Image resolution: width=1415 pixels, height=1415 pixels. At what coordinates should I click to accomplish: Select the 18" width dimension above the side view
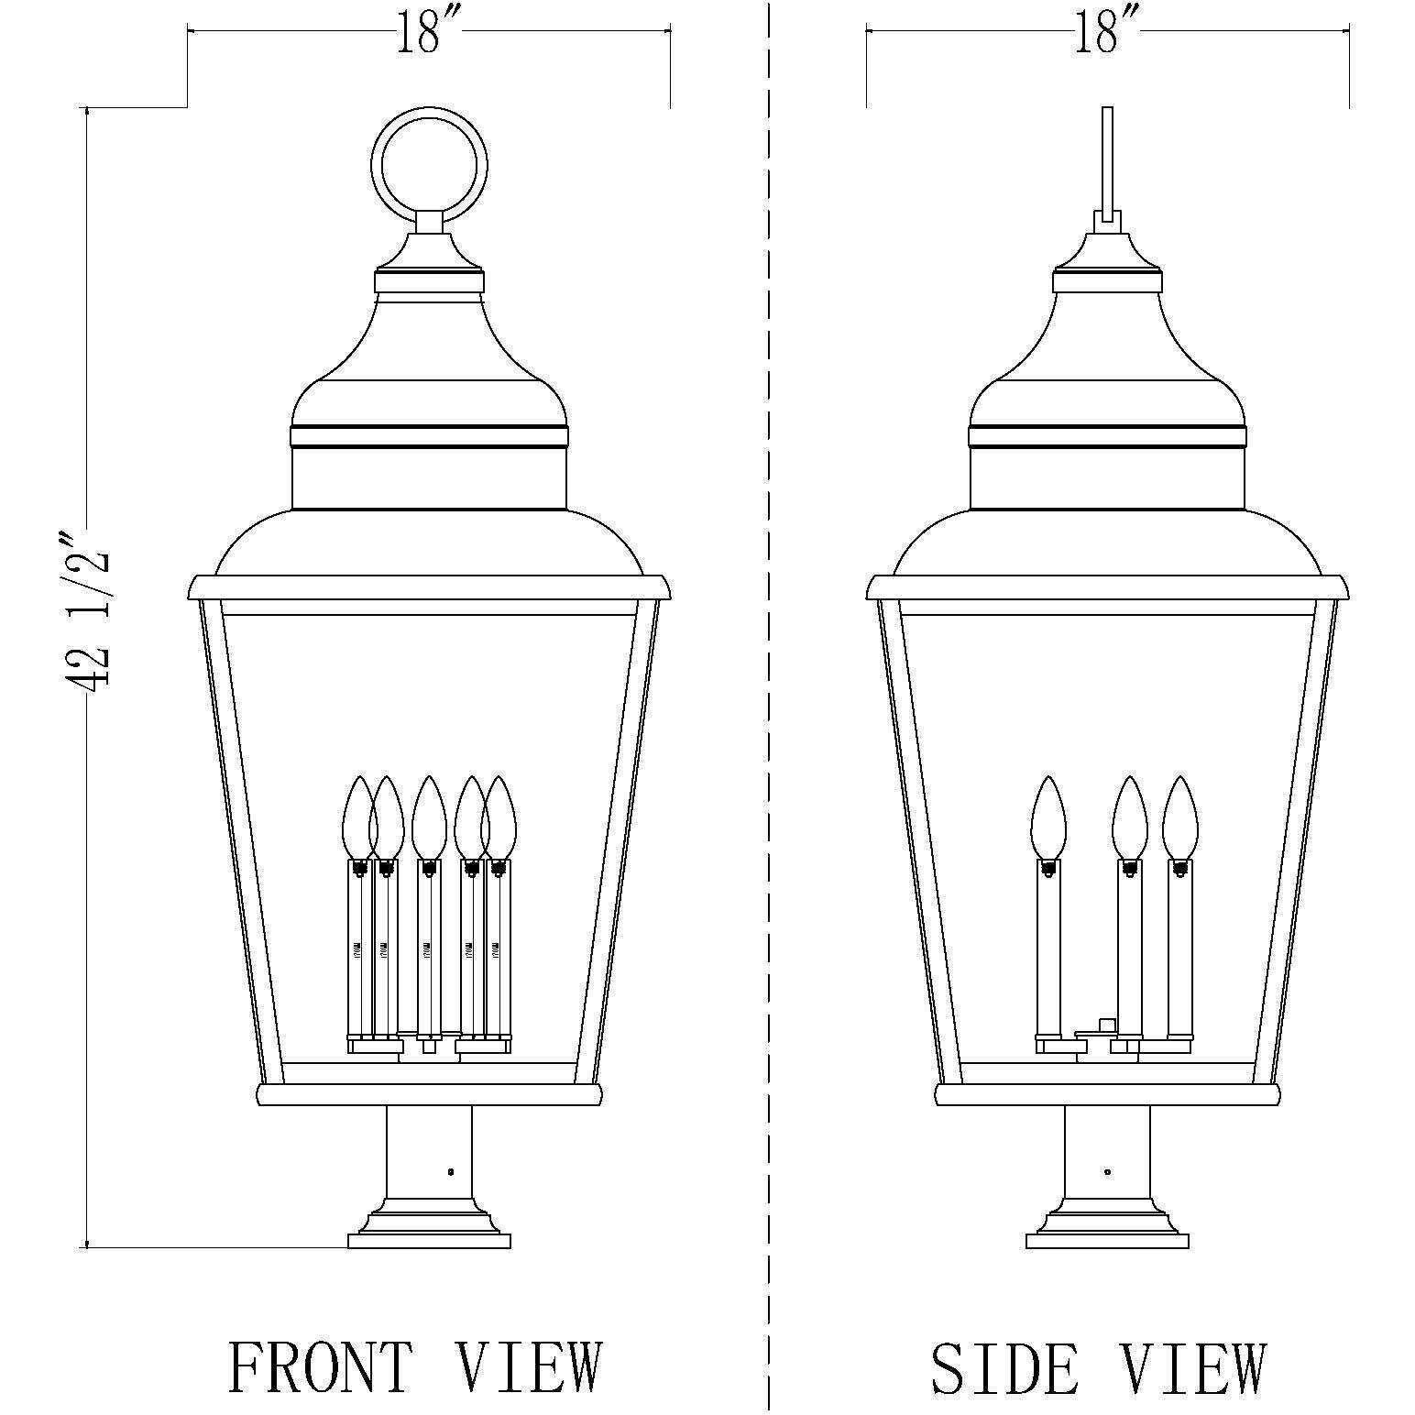click(1107, 34)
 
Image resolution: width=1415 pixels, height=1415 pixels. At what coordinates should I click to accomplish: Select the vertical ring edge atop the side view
click(1107, 160)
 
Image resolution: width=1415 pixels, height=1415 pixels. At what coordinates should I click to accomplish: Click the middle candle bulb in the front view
click(428, 817)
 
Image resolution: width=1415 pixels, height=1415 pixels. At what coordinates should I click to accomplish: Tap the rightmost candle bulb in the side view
click(1180, 817)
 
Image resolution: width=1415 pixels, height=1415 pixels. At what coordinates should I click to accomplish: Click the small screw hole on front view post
click(449, 1171)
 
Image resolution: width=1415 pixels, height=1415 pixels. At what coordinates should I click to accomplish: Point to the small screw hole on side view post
click(1108, 1171)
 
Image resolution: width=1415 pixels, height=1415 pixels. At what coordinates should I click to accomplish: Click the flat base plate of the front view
click(429, 1241)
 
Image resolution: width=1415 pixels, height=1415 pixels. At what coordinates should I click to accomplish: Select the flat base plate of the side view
click(1107, 1241)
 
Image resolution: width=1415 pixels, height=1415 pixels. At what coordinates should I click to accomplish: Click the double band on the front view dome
click(429, 436)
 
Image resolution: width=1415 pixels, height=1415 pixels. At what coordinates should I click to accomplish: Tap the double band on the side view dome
click(1107, 436)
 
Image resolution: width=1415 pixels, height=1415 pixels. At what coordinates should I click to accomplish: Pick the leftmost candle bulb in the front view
click(358, 817)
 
